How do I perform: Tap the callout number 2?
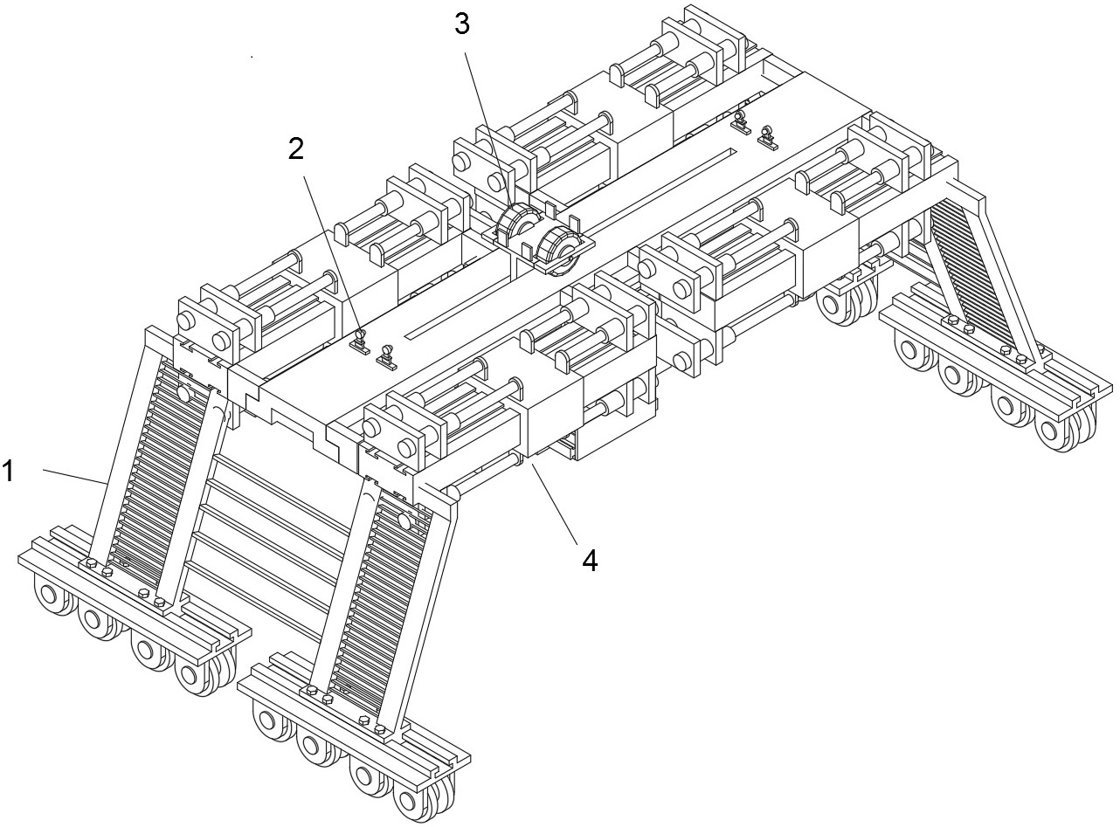click(x=296, y=149)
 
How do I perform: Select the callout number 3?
click(x=462, y=24)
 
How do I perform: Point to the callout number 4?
click(x=590, y=561)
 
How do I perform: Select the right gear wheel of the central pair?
click(x=559, y=251)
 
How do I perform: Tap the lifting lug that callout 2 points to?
click(x=360, y=341)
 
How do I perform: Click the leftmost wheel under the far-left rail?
click(x=48, y=595)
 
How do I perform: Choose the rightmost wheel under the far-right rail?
click(x=1061, y=429)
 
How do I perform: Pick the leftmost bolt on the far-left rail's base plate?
click(x=92, y=563)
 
